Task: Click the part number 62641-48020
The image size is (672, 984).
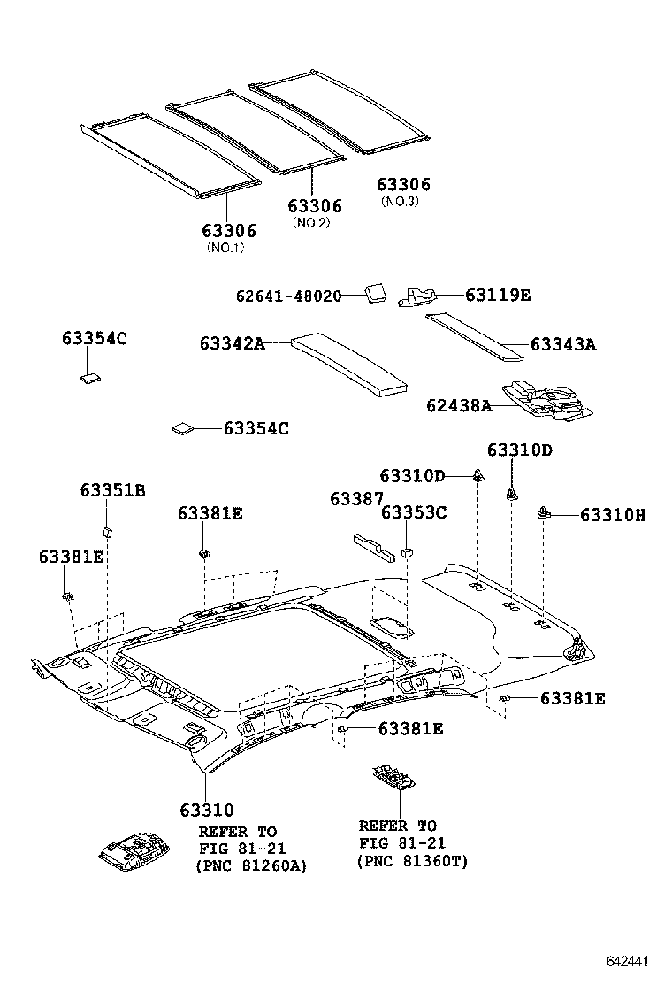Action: (288, 296)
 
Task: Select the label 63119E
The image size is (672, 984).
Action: (498, 295)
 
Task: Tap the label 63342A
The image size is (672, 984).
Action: (232, 343)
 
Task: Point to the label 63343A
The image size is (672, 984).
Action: (563, 344)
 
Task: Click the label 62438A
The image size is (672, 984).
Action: (458, 405)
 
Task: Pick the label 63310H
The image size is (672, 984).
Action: (613, 514)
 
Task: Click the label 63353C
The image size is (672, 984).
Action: (414, 511)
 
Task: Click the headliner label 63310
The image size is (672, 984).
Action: (206, 810)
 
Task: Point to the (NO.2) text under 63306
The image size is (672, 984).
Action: (311, 223)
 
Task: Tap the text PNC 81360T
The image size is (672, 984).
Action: (413, 860)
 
